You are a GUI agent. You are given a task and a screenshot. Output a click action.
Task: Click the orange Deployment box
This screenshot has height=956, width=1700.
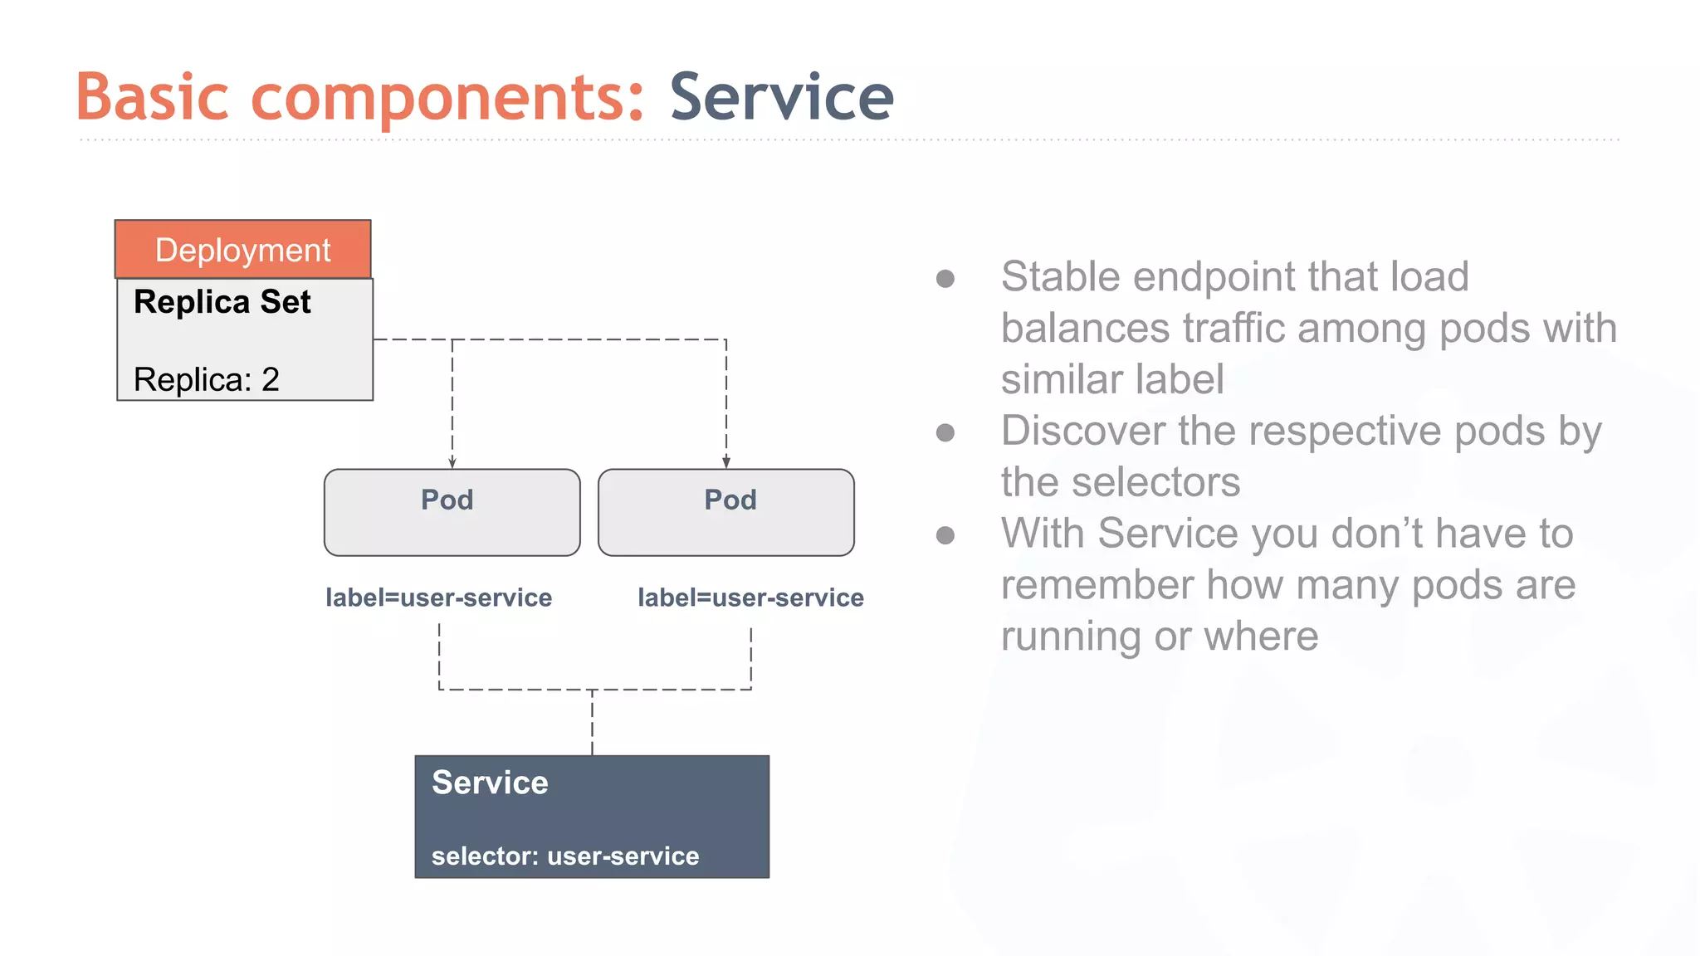pos(242,249)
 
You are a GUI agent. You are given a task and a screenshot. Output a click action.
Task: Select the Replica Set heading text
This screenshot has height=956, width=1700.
pos(222,302)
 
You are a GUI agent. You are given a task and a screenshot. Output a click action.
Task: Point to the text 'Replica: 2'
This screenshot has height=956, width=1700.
pos(207,379)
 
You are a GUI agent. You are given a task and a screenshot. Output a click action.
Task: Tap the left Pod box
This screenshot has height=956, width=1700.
pos(452,513)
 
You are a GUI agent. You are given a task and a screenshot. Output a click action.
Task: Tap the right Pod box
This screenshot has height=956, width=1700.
pos(725,513)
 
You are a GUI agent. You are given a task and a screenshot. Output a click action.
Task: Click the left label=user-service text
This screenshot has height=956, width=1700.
pos(438,597)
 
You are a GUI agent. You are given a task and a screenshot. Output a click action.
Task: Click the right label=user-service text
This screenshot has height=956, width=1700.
pos(750,597)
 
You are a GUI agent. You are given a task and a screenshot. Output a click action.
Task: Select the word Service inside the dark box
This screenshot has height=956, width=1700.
pos(490,783)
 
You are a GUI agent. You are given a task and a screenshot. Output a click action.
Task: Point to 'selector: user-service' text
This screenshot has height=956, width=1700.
pos(565,856)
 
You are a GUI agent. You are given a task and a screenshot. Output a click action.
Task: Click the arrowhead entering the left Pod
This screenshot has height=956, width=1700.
pos(452,462)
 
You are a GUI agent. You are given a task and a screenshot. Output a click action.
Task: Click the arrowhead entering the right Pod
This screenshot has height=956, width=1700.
pos(726,462)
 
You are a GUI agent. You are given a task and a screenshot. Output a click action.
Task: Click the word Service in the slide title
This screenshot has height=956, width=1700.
pos(781,97)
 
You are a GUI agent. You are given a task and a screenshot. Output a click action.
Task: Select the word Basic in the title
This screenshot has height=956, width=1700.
pos(152,97)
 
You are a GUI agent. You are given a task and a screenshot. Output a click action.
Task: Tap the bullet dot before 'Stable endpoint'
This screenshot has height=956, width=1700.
pos(945,278)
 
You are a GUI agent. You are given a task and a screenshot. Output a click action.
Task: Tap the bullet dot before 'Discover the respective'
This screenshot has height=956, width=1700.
pos(945,432)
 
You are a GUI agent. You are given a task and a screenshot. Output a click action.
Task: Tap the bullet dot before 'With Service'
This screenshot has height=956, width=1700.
pos(945,535)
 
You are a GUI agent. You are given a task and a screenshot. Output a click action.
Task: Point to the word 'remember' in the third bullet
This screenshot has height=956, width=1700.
pos(1097,585)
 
